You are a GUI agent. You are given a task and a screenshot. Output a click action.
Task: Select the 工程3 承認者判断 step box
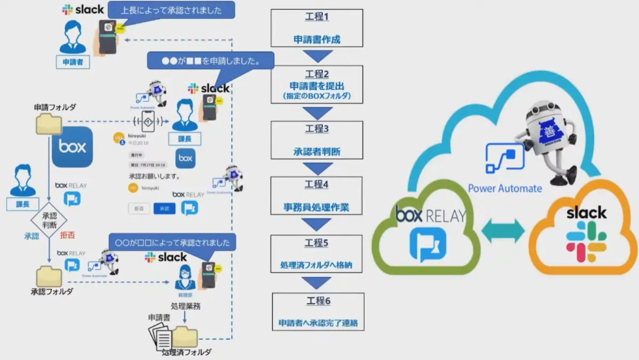point(317,140)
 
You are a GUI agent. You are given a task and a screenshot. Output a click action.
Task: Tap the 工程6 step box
point(318,312)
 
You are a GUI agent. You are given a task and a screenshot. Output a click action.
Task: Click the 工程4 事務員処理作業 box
point(317,196)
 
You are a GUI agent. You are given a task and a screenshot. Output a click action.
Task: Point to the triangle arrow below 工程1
point(318,56)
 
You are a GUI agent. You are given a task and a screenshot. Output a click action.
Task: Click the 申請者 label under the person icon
point(73,62)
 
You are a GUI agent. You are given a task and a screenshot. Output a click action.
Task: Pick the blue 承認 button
point(164,209)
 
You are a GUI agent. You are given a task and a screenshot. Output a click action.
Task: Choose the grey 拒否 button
point(139,209)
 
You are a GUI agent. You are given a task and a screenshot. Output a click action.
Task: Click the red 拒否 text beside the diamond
point(68,235)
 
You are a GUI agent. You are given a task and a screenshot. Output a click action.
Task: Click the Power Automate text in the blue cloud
point(505,188)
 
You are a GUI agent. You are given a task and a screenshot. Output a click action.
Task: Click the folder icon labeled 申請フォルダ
point(48,124)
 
